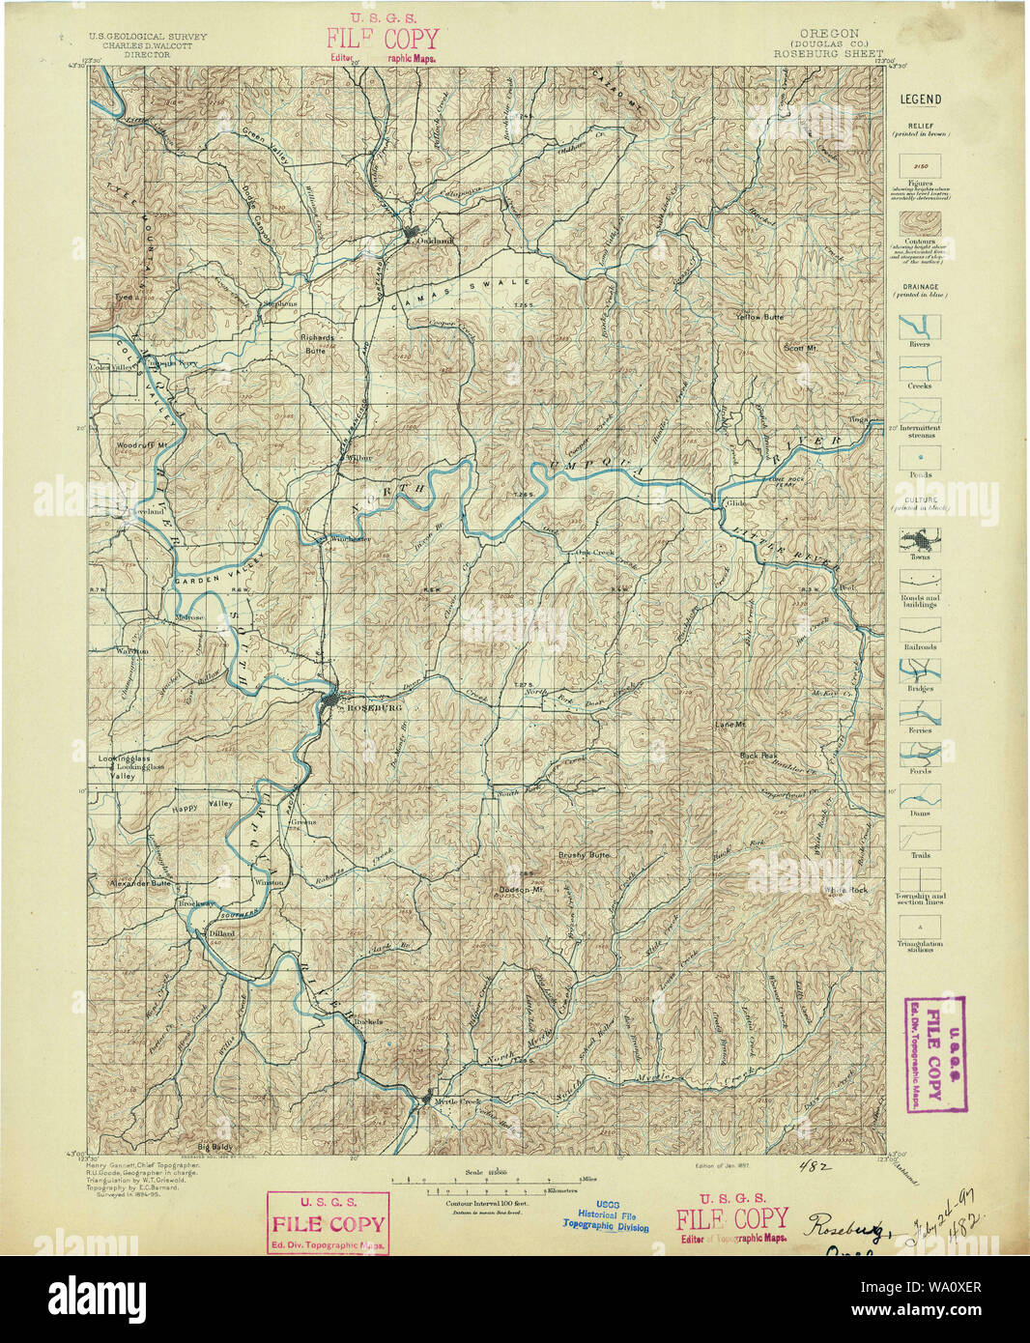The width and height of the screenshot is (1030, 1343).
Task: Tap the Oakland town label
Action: (x=435, y=241)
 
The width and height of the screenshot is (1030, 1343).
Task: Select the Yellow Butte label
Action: (x=759, y=317)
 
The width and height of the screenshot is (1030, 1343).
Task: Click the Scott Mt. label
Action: (x=800, y=348)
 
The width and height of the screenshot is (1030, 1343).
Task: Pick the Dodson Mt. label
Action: (x=521, y=889)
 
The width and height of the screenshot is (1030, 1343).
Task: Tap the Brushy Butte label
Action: (x=584, y=855)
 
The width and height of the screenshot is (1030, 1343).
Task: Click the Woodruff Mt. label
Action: (x=142, y=445)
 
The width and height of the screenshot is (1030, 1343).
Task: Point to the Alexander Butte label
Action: (x=139, y=883)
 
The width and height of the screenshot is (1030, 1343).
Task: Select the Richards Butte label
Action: (x=317, y=344)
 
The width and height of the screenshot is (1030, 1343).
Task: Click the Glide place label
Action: (x=736, y=503)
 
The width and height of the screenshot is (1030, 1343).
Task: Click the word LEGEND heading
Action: (x=920, y=99)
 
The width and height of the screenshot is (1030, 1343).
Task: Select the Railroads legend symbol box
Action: (x=920, y=628)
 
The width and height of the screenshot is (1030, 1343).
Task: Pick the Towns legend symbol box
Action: (x=920, y=538)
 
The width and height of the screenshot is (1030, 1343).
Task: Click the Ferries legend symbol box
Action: (x=920, y=713)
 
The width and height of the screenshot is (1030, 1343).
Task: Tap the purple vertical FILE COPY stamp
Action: (x=932, y=1054)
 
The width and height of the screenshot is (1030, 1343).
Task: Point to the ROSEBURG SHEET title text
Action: (x=827, y=54)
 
